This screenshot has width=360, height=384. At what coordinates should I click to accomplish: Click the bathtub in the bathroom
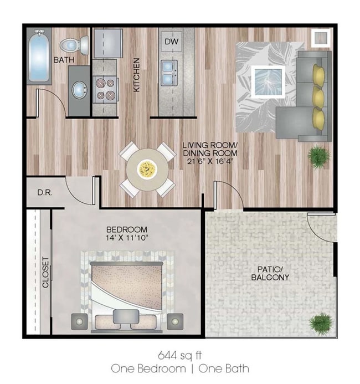39,56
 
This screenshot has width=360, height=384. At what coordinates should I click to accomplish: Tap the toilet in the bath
74,45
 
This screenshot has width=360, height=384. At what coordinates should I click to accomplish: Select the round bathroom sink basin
80,90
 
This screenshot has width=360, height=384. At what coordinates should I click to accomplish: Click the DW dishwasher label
172,42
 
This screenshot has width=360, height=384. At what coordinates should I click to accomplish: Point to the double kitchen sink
169,73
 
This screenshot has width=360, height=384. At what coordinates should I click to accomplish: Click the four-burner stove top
105,89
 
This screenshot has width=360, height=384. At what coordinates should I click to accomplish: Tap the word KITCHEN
137,75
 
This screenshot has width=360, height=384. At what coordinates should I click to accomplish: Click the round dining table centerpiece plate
147,169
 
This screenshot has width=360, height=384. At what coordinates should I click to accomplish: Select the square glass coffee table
268,81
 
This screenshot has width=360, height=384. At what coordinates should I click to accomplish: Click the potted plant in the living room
318,157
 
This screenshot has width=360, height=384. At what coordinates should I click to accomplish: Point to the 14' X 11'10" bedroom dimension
127,238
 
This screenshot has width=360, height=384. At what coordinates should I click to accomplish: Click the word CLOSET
46,272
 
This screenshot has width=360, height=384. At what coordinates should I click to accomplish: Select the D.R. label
45,192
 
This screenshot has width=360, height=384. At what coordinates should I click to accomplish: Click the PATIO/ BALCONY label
270,273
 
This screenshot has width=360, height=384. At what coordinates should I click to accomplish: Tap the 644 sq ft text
180,355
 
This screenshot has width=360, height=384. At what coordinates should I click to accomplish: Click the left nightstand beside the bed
79,321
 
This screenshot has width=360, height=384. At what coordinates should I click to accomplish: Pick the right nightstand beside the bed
175,321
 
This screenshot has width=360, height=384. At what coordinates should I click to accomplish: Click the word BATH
64,60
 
